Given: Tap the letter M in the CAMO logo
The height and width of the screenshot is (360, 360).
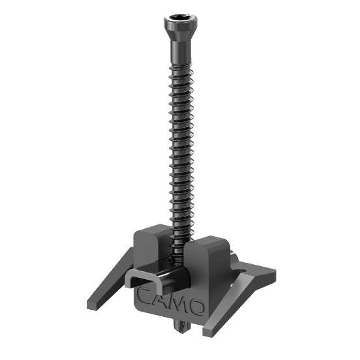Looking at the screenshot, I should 179,304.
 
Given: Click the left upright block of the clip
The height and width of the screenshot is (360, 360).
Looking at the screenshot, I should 149,248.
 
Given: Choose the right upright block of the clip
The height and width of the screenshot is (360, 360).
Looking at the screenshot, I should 207,258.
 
